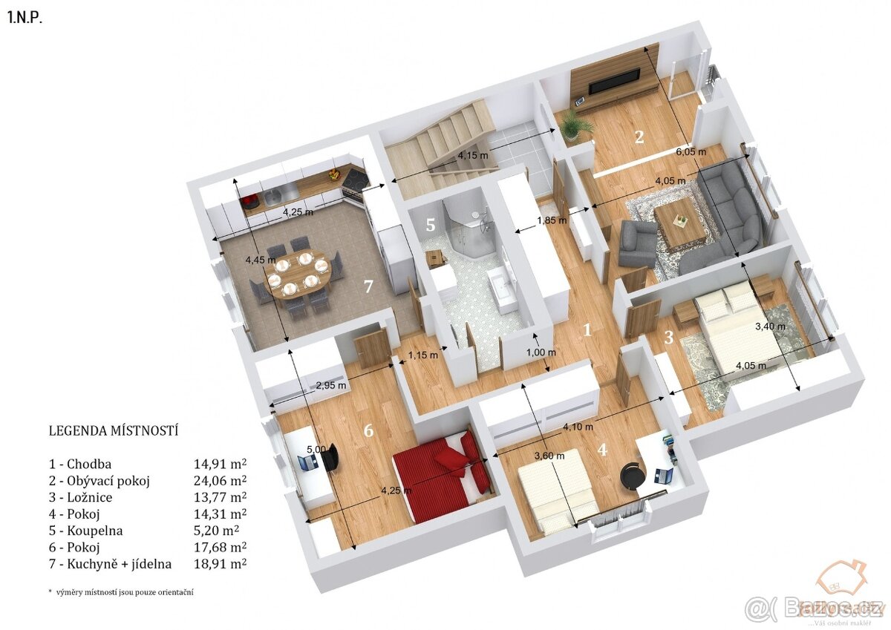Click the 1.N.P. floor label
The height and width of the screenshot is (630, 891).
(25, 19)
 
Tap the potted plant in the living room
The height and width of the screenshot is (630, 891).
(574, 124)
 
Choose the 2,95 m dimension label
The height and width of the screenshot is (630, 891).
(331, 385)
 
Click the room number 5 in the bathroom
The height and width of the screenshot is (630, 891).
(431, 224)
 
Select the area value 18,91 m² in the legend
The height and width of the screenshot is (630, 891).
(220, 564)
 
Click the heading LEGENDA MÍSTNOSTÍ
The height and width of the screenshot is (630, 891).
(114, 430)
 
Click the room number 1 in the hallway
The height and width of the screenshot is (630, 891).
(587, 329)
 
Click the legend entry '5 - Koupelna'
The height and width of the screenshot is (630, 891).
(85, 531)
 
